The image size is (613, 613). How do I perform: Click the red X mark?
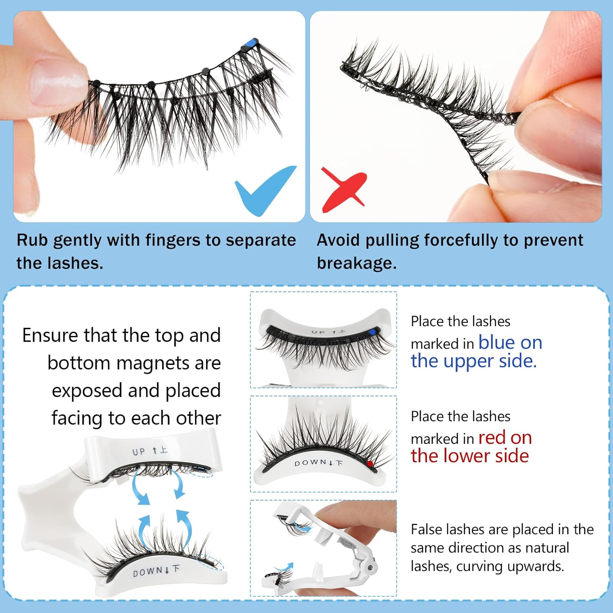pyautogui.click(x=343, y=189)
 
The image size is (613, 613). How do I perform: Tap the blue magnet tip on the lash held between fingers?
pyautogui.click(x=249, y=43)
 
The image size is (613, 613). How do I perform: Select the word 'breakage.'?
pyautogui.click(x=357, y=264)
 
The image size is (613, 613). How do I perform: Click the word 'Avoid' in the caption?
pyautogui.click(x=339, y=240)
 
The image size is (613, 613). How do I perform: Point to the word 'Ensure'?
pyautogui.click(x=50, y=336)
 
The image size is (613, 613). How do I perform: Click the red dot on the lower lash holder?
pyautogui.click(x=370, y=463)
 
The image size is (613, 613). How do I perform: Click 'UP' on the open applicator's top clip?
pyautogui.click(x=139, y=452)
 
